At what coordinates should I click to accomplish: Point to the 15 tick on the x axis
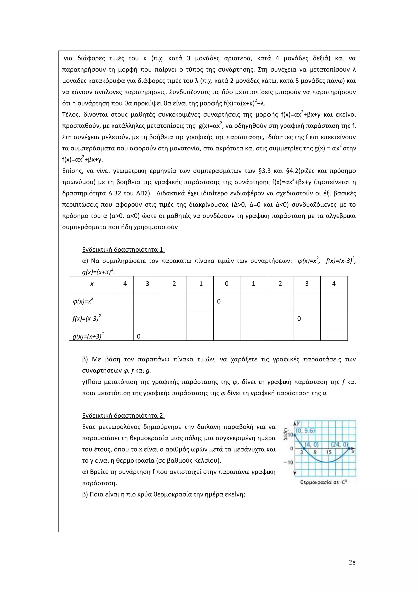[328, 452]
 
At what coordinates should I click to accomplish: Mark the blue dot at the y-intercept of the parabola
[295, 435]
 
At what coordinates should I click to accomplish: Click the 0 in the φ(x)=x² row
[219, 301]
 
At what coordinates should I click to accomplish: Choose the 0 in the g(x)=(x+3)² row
[139, 336]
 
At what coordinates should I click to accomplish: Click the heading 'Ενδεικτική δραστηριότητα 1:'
[123, 250]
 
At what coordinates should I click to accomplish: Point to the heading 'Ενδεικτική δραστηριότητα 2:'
[123, 416]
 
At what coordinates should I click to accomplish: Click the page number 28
[352, 562]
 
